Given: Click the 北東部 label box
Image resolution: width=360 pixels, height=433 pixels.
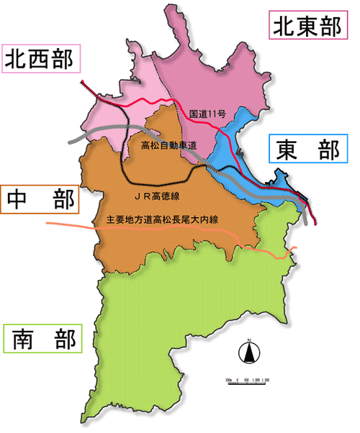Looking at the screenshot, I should coord(305,27).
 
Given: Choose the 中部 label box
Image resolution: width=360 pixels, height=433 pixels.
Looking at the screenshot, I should coord(40,200).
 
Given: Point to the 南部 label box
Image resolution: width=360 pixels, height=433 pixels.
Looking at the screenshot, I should coord(43,339).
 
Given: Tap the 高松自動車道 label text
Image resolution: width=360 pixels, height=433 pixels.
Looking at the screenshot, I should coord(169,145).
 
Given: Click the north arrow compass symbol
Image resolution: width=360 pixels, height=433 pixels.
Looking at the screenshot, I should coord(248,352).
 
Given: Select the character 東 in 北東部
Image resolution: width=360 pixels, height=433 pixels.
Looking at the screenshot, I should coord(305,27).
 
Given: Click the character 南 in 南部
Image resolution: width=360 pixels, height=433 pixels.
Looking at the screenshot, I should coord(24,339).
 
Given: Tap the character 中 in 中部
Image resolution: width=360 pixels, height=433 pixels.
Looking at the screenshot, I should coord(19,200).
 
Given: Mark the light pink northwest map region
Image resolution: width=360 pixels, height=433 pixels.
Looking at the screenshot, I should coord(115,108).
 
